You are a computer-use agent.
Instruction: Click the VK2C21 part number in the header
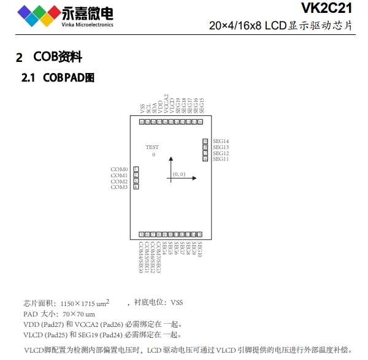tap(326, 8)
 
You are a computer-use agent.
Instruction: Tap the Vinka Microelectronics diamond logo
tap(39, 13)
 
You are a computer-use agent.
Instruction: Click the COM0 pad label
tap(119, 169)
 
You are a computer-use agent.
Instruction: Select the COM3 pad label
tap(119, 187)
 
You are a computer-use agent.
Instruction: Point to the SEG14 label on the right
tap(221, 142)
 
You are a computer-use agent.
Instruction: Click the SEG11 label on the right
tap(221, 159)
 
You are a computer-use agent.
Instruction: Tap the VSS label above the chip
tap(142, 108)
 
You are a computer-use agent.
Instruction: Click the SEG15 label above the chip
tap(201, 105)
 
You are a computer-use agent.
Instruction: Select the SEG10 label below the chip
tap(200, 249)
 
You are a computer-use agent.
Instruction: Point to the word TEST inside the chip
tap(152, 147)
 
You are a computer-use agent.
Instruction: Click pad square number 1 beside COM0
tap(136, 169)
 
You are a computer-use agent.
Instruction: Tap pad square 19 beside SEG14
tap(205, 142)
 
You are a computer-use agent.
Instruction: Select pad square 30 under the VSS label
tap(142, 122)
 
